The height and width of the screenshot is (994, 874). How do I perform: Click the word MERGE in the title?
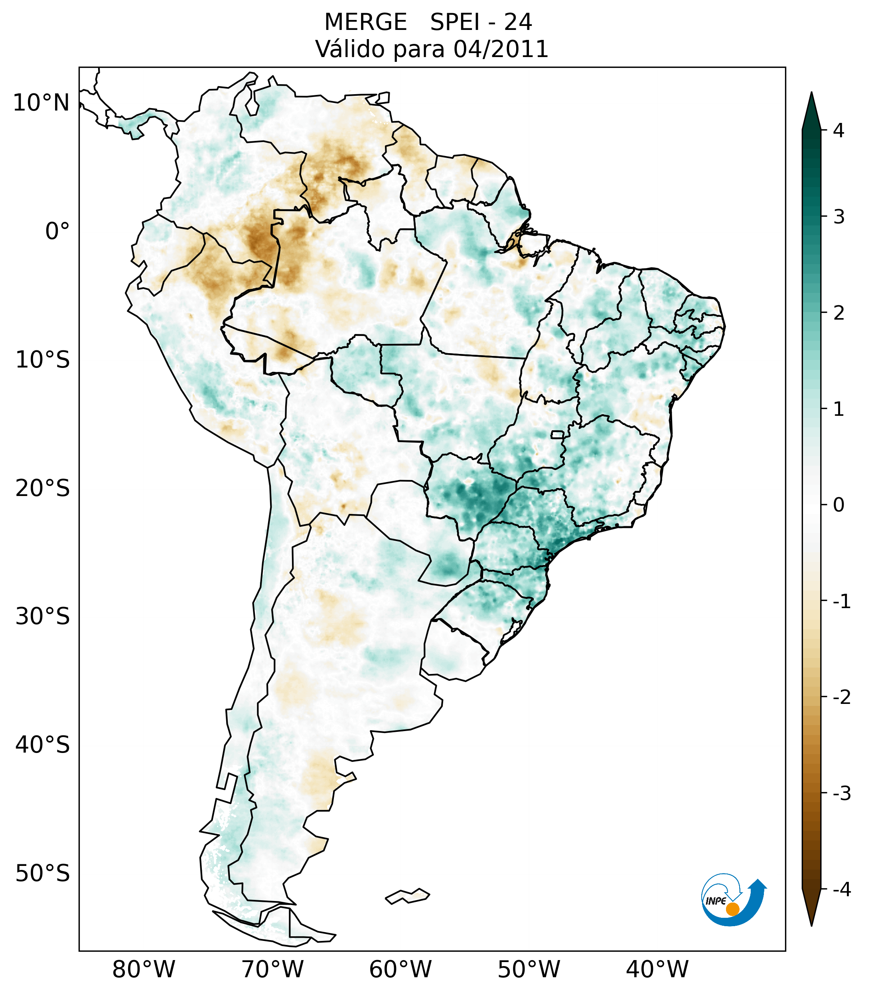pyautogui.click(x=365, y=22)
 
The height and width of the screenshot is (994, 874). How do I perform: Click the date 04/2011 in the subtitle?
pyautogui.click(x=501, y=49)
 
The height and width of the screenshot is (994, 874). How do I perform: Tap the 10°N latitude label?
pyautogui.click(x=41, y=103)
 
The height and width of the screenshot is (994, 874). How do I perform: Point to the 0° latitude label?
pyautogui.click(x=57, y=231)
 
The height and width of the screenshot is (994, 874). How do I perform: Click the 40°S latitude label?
pyautogui.click(x=43, y=745)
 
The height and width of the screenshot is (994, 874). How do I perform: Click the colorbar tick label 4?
pyautogui.click(x=838, y=130)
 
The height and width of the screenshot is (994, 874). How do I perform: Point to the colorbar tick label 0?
pyautogui.click(x=838, y=505)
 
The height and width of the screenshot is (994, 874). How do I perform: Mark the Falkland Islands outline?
pyautogui.click(x=407, y=896)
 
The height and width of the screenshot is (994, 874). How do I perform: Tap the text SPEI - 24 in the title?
pyautogui.click(x=481, y=22)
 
